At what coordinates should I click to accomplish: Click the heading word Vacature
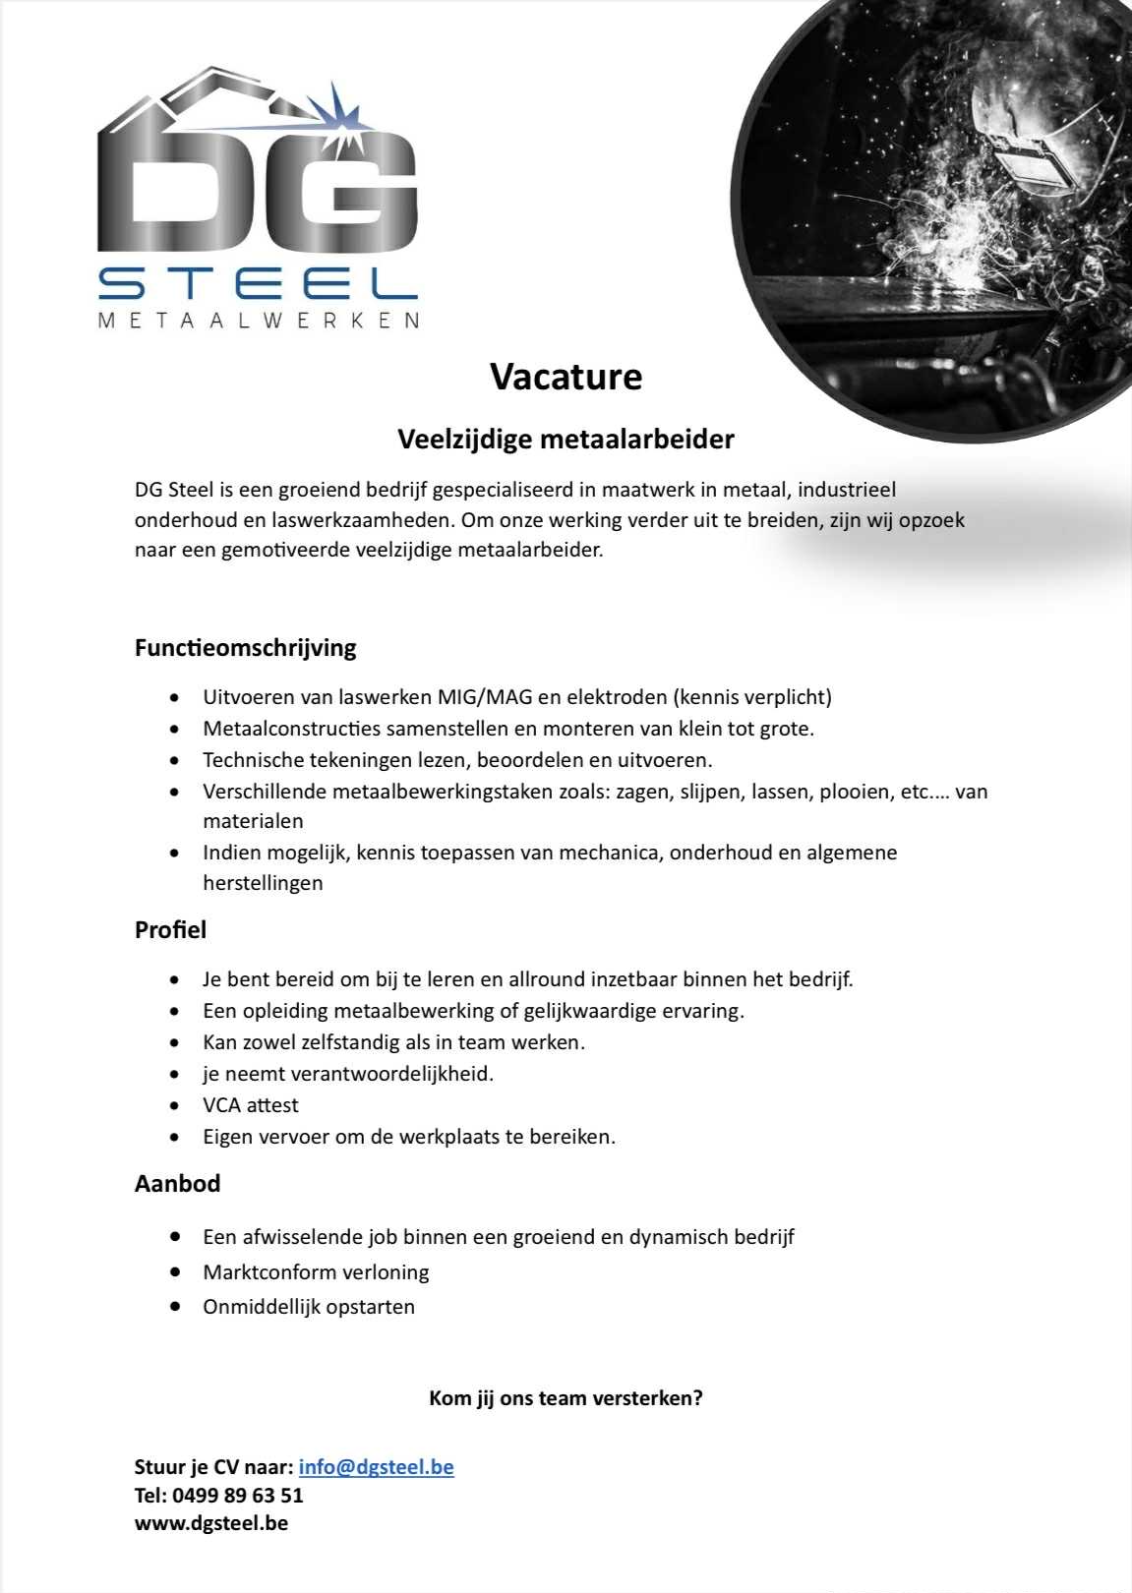pos(566,377)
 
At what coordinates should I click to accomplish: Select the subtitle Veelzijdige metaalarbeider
pos(566,439)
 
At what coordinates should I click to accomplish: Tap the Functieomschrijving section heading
pos(245,648)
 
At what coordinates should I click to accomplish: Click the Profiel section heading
pos(170,929)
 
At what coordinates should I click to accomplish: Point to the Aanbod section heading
pos(177,1183)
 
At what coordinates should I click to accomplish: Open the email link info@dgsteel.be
pos(376,1467)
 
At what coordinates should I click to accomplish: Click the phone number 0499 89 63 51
pos(237,1496)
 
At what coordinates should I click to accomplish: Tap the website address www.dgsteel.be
pos(211,1523)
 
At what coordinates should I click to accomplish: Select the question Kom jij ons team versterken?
pos(566,1398)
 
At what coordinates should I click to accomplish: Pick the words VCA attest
pos(251,1105)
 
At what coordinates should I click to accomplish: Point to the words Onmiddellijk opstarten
pos(309,1307)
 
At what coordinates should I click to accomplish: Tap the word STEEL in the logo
pos(258,284)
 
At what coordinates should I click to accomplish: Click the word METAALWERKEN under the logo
pos(260,321)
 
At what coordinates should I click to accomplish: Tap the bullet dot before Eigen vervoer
pos(175,1138)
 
